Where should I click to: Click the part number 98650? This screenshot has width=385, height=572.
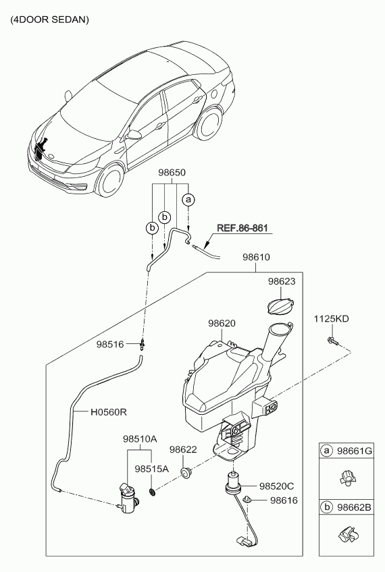pyautogui.click(x=172, y=172)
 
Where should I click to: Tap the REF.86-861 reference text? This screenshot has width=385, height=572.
pyautogui.click(x=242, y=228)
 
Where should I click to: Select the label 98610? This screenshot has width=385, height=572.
pyautogui.click(x=256, y=257)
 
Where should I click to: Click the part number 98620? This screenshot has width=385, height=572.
pyautogui.click(x=222, y=323)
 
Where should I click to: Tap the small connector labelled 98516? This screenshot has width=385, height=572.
pyautogui.click(x=143, y=343)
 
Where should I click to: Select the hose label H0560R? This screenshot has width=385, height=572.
pyautogui.click(x=109, y=412)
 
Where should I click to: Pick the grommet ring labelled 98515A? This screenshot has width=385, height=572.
pyautogui.click(x=153, y=492)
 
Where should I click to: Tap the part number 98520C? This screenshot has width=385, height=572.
pyautogui.click(x=276, y=486)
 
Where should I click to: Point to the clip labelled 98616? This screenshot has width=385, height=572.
pyautogui.click(x=248, y=499)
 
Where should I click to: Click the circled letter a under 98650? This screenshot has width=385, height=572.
pyautogui.click(x=188, y=200)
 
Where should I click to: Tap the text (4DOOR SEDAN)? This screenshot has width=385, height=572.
pyautogui.click(x=50, y=20)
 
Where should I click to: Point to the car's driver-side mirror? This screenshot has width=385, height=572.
pyautogui.click(x=134, y=135)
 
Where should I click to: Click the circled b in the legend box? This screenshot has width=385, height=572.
pyautogui.click(x=327, y=507)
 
